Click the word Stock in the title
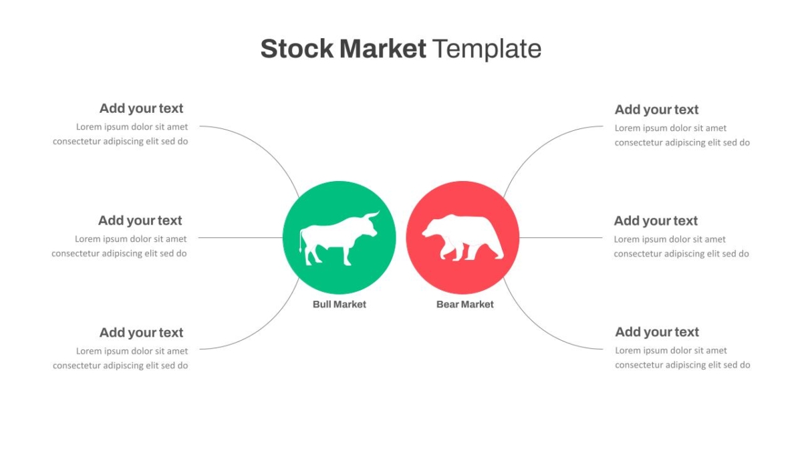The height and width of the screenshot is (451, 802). [297, 49]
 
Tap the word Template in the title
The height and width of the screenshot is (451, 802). [487, 49]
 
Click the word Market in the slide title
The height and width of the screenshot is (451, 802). [383, 49]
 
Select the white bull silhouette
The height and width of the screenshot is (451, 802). [339, 239]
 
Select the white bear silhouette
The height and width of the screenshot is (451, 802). [462, 238]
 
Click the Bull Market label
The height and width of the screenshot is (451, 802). [339, 304]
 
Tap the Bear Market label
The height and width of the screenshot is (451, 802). [464, 304]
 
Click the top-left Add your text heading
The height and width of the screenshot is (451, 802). [141, 108]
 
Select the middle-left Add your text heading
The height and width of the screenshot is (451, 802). [140, 220]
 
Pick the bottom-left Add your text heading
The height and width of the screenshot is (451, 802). [141, 333]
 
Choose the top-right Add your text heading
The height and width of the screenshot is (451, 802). [656, 110]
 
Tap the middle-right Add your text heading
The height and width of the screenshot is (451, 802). [656, 221]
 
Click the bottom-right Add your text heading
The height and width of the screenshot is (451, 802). [656, 332]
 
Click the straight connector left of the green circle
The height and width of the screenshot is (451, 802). [240, 238]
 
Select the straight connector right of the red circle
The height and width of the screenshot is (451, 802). [561, 238]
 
